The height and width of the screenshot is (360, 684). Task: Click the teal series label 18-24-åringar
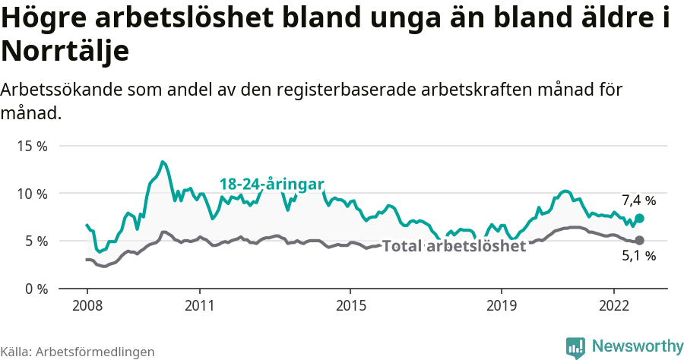click(272, 185)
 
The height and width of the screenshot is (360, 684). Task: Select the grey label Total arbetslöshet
click(454, 247)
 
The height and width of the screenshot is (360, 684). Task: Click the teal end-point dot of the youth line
click(640, 218)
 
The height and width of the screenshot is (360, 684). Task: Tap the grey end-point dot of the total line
click(640, 240)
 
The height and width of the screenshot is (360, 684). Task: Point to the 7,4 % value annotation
click(638, 201)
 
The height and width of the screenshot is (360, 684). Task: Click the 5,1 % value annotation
click(638, 257)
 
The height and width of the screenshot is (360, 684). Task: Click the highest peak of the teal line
click(163, 162)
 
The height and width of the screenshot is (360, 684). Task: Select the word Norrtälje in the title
click(65, 51)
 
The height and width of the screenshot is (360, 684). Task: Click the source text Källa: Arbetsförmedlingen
click(78, 352)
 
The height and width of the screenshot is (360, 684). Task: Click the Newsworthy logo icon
click(575, 347)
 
